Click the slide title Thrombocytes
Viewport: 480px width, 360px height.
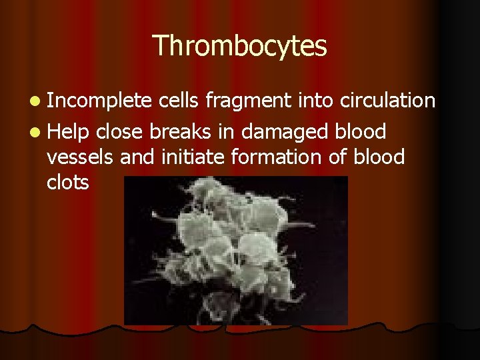pos(240,46)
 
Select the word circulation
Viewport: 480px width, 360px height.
pos(388,101)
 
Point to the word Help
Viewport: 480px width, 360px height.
pos(69,131)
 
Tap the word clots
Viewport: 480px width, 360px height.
pos(68,182)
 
